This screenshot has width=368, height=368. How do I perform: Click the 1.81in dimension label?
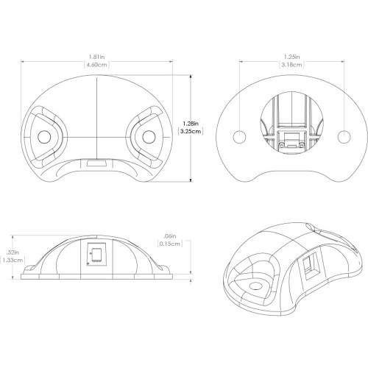click(x=96, y=57)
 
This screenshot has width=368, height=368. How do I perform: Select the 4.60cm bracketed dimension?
click(x=96, y=65)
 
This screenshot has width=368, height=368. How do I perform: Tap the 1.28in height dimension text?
click(x=191, y=123)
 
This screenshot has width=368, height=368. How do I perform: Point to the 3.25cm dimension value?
click(x=191, y=131)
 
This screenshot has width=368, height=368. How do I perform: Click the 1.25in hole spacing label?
click(x=292, y=57)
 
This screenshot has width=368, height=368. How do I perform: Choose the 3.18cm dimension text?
click(x=291, y=65)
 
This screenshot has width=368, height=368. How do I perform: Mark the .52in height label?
click(x=13, y=252)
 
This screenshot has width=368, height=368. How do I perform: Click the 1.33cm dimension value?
click(x=13, y=261)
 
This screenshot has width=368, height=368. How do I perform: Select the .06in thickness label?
click(x=170, y=236)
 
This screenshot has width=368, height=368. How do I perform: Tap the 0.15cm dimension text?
click(x=170, y=244)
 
